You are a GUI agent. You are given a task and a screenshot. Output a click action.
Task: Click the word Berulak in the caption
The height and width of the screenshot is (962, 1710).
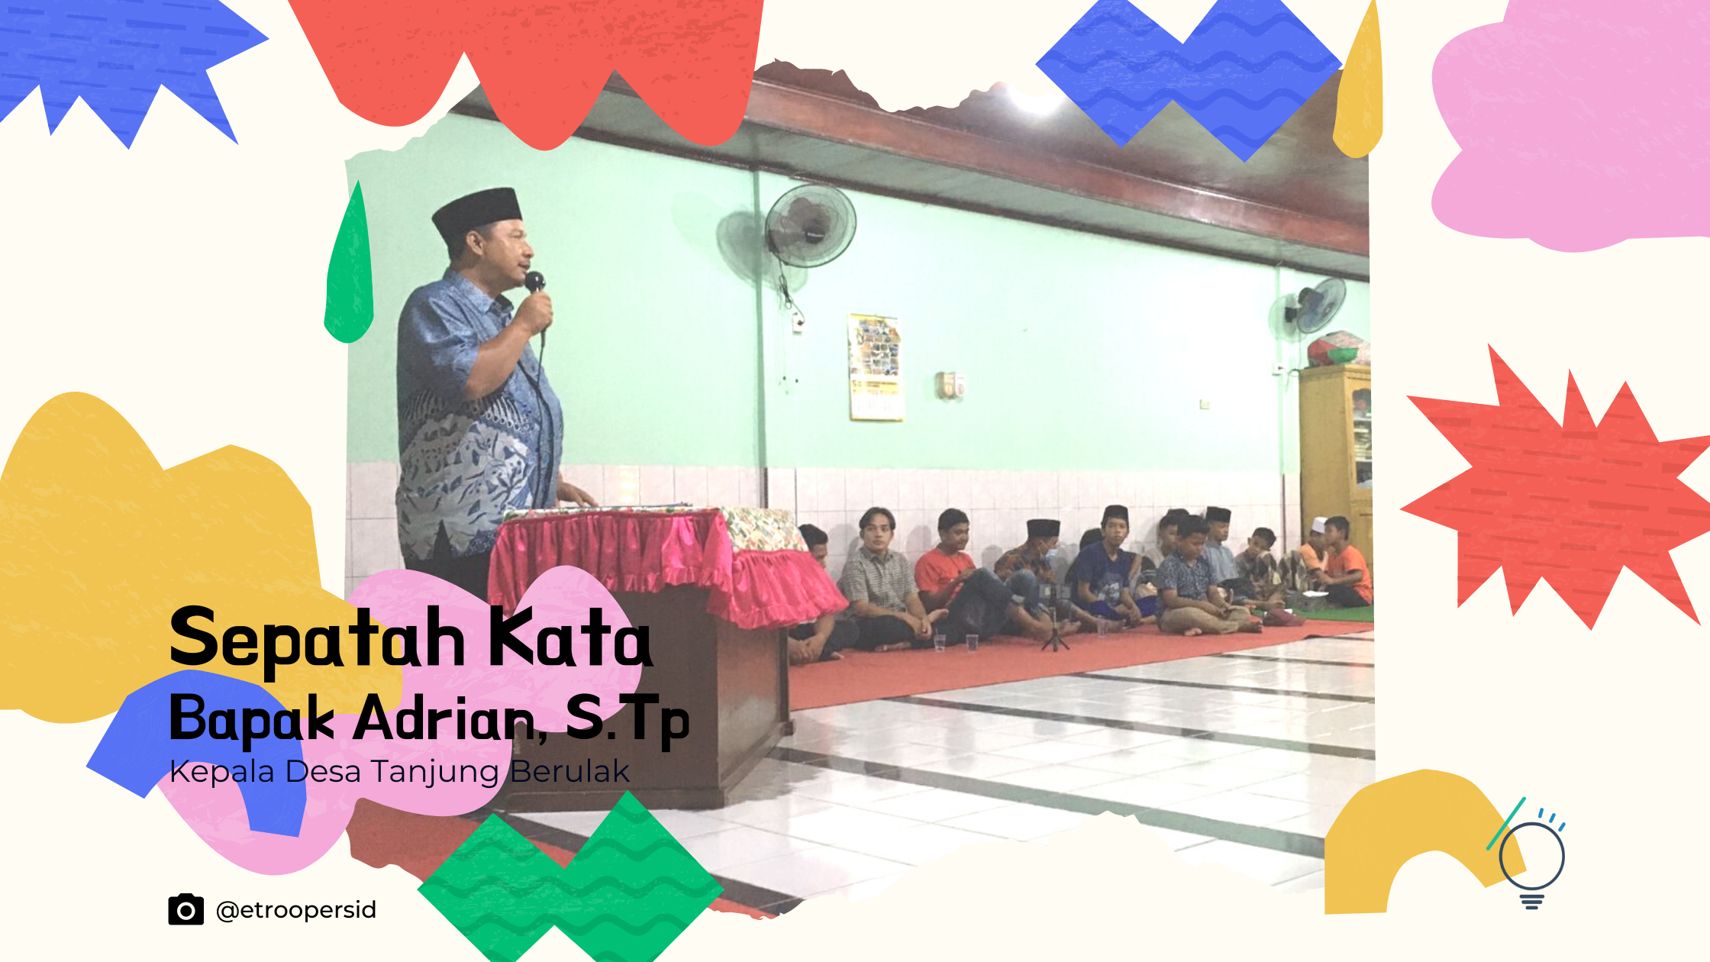[x=569, y=771]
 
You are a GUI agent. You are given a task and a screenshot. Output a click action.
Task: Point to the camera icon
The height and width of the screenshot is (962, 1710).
[x=186, y=909]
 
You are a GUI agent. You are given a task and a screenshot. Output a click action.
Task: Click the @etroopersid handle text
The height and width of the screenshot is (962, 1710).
[x=296, y=910]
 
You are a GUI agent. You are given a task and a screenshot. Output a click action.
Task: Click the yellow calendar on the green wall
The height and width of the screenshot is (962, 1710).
[x=875, y=366]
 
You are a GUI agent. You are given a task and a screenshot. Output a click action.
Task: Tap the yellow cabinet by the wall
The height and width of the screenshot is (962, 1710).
[x=1336, y=443]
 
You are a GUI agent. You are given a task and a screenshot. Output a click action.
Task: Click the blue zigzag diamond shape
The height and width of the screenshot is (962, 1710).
[x=1188, y=73]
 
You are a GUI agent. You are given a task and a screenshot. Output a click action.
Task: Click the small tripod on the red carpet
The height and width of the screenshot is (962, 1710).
[x=1055, y=634]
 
